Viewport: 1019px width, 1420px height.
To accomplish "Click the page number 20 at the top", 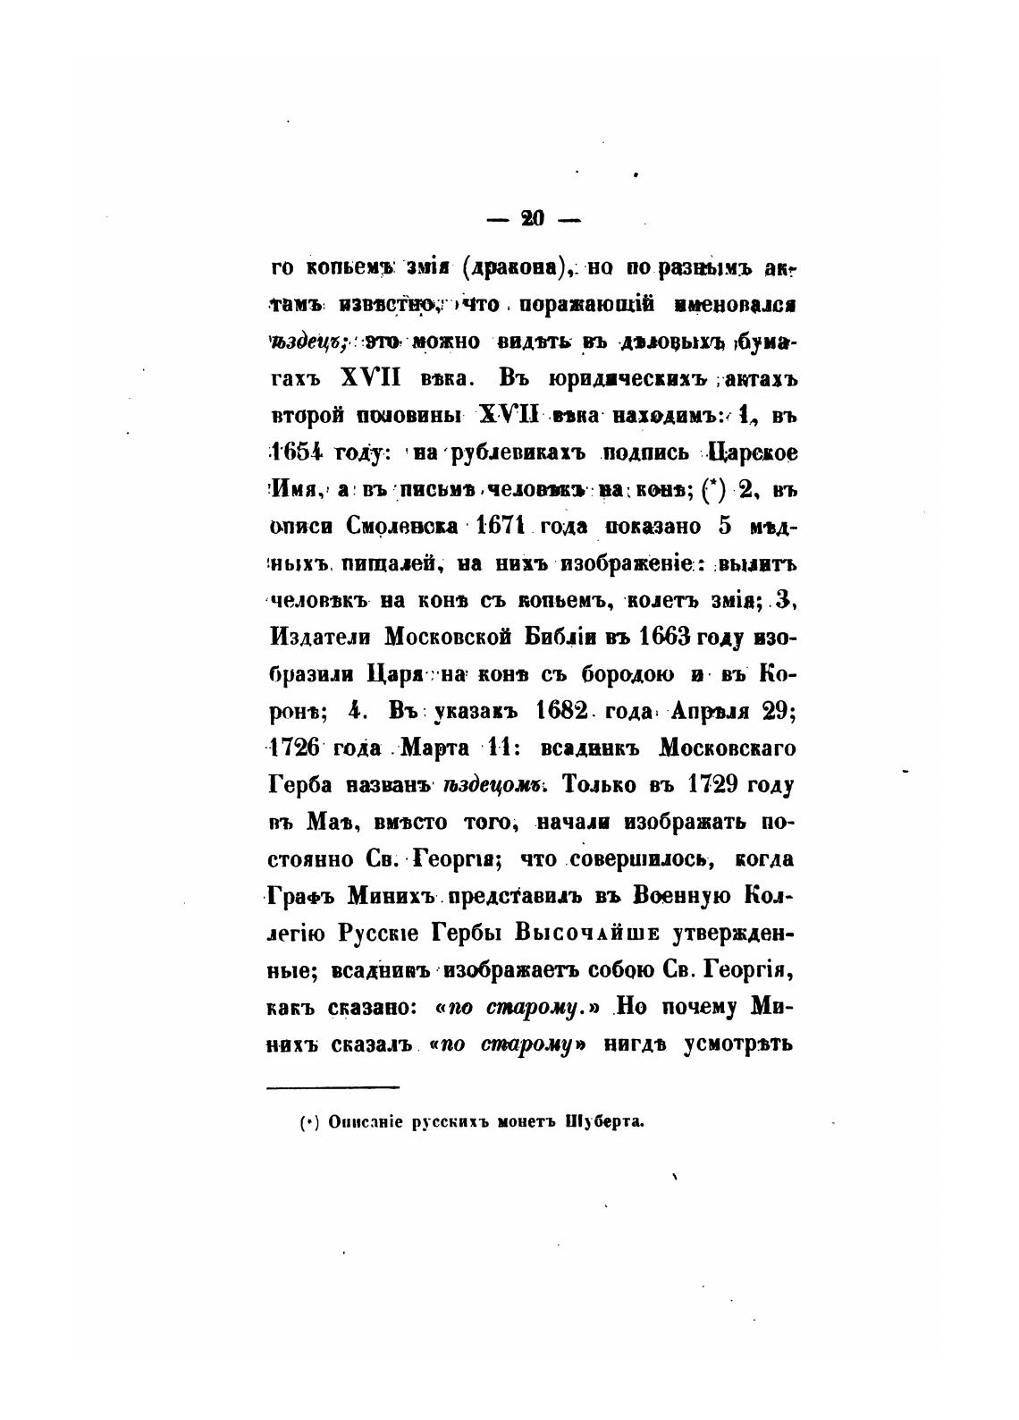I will [533, 217].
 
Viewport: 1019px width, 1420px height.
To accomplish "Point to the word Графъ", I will [303, 897].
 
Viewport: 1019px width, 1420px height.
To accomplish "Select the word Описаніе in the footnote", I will [364, 1121].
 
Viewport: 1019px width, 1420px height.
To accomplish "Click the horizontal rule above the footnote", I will [333, 1087].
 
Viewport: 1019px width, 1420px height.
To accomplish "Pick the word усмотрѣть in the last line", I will [739, 1044].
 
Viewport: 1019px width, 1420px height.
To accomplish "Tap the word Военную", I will [684, 897].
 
